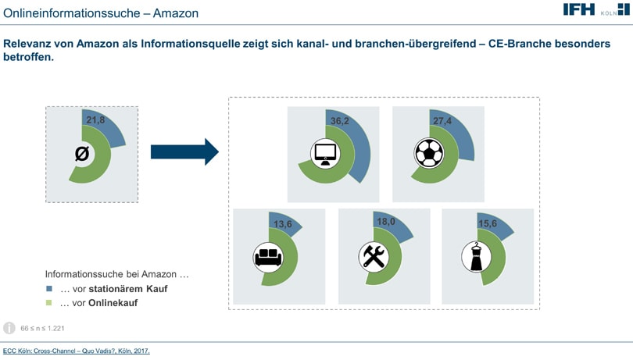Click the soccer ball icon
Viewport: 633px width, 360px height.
(x=429, y=153)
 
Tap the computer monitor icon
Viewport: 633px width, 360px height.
(x=325, y=153)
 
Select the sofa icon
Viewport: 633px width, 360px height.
(x=268, y=257)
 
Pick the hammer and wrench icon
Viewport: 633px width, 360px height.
(x=374, y=257)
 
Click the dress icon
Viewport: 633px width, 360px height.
(x=477, y=257)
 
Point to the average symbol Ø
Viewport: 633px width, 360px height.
(x=82, y=153)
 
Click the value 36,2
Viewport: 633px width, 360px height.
(x=339, y=121)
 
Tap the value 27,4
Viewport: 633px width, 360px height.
(x=442, y=121)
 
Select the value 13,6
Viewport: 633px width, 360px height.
(x=282, y=224)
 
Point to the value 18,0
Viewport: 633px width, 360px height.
(x=386, y=222)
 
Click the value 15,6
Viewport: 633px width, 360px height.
(x=488, y=223)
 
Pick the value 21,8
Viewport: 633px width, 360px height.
(x=95, y=119)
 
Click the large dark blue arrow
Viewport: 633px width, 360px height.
(x=185, y=151)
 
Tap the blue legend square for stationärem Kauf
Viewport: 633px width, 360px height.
(x=49, y=289)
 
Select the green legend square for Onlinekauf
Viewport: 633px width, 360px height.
(x=49, y=303)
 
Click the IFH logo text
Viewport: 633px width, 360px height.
(x=579, y=9)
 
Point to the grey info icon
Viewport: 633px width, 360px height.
(x=9, y=328)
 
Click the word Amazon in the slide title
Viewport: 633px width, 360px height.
(x=176, y=13)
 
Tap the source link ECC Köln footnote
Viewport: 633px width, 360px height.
(x=77, y=351)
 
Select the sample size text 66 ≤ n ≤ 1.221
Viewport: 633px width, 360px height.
(x=42, y=329)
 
